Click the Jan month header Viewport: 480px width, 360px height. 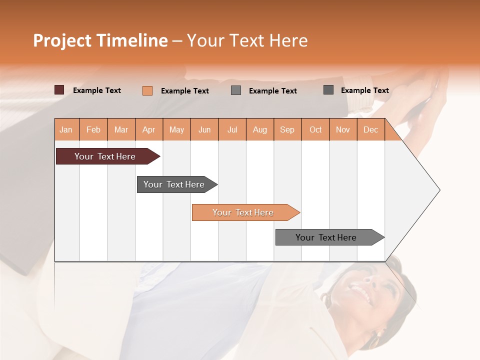[66, 130]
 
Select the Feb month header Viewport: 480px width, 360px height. [93, 130]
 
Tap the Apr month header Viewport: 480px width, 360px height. [149, 130]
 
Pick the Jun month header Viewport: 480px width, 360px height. [204, 130]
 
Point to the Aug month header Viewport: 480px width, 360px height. [260, 130]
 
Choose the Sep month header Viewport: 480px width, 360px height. [287, 130]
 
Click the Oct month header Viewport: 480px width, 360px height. [315, 130]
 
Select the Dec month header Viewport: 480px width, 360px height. [371, 130]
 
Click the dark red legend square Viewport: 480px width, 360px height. [59, 90]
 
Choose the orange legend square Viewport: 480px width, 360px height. [147, 90]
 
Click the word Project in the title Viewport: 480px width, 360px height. [63, 40]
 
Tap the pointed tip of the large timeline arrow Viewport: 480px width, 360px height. [438, 190]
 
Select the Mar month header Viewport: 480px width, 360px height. [121, 130]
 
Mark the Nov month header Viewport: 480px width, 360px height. [343, 130]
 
